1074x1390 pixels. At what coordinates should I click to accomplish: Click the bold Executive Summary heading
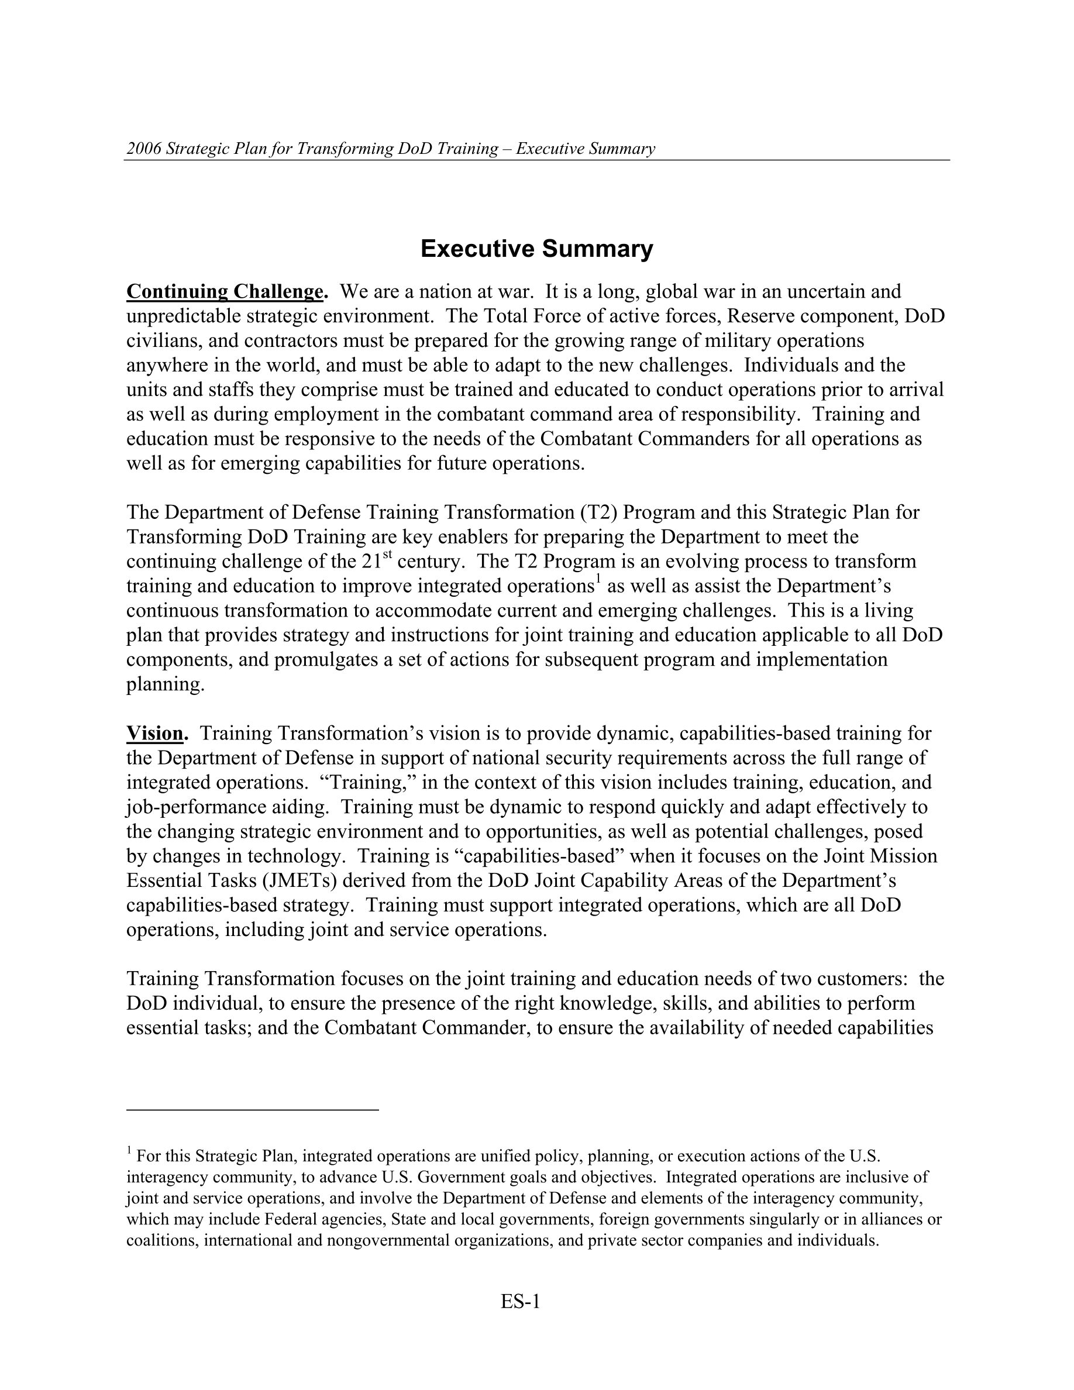536,249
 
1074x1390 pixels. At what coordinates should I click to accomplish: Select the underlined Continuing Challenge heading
226,291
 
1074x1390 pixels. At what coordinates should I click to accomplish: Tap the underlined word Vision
154,734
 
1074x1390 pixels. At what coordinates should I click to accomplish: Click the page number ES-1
520,1302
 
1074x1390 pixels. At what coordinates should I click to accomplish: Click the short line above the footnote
253,1109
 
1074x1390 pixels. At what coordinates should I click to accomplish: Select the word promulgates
325,659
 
